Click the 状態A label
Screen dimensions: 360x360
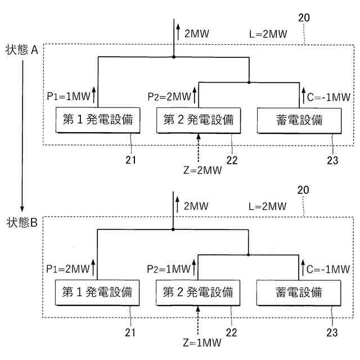click(22, 50)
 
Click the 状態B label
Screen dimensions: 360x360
click(22, 222)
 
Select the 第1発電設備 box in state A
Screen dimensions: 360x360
click(94, 120)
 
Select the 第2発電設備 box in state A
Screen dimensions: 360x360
click(198, 120)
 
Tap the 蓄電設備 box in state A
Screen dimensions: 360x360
click(299, 120)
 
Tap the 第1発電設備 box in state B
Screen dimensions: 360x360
click(94, 292)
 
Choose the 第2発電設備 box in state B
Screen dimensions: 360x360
click(198, 292)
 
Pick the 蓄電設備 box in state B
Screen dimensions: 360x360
click(299, 292)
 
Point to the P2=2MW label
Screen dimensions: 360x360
click(169, 96)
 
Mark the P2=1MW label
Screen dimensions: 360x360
click(169, 268)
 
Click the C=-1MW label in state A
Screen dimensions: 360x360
click(330, 96)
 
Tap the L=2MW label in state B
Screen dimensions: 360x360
click(268, 206)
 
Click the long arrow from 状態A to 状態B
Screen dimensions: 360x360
click(22, 135)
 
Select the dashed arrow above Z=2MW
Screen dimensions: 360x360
click(199, 147)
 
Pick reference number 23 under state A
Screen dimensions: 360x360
click(332, 160)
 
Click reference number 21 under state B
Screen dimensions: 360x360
click(131, 332)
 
